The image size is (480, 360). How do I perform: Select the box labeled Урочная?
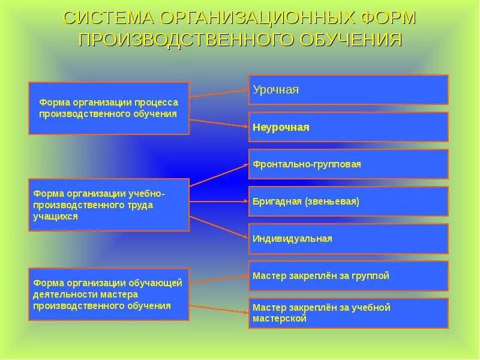pos(348,90)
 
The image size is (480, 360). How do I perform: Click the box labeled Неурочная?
pos(348,127)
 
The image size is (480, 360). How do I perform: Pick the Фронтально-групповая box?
pos(348,164)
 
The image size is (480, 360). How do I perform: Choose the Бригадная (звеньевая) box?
pos(348,202)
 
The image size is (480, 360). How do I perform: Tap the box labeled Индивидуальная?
pos(348,239)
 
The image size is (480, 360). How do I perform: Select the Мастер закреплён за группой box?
pos(348,276)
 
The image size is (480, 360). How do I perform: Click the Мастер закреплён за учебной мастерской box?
pos(348,313)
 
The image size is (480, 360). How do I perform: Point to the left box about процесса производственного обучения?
pos(108,108)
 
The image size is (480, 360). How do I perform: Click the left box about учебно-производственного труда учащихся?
pos(108,205)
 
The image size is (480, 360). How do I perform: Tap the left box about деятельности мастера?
pos(108,294)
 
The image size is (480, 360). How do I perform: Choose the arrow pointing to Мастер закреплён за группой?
pos(219,280)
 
